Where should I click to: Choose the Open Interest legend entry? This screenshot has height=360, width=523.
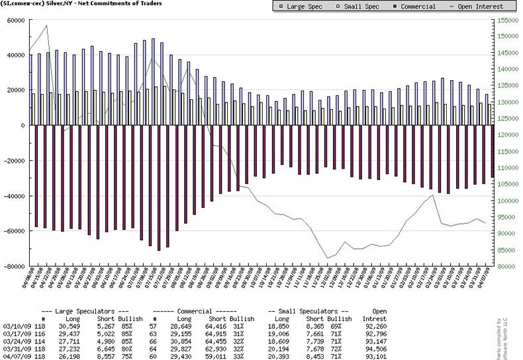point(472,7)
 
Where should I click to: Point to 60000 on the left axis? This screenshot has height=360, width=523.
point(13,20)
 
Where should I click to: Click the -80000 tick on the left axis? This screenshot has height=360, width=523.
point(12,267)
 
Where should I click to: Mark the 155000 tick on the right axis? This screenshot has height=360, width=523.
point(506,20)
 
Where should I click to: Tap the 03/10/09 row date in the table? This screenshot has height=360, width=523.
point(14,326)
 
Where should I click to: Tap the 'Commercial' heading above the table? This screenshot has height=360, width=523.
point(194,311)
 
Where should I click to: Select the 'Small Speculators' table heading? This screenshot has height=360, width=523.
point(309,311)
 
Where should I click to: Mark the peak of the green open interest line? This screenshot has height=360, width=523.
point(46,26)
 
